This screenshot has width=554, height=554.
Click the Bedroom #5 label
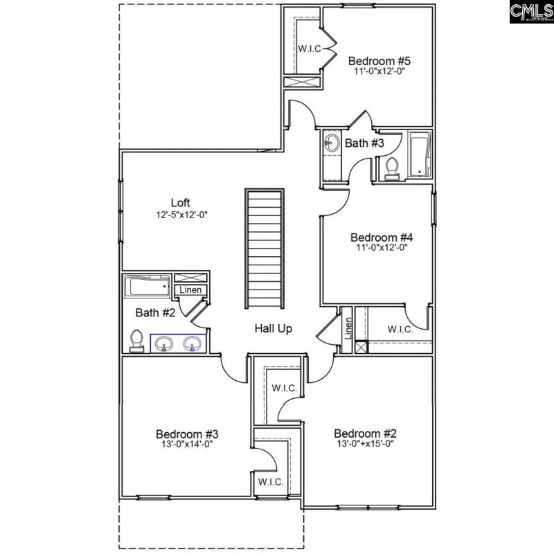[x=375, y=60]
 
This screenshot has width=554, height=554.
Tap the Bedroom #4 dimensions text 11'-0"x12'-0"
[x=377, y=247]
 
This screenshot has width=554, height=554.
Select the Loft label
[x=181, y=203]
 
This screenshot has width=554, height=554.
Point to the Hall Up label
[x=273, y=329]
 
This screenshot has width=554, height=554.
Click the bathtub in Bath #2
[x=147, y=285]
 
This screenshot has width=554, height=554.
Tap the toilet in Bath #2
[x=137, y=340]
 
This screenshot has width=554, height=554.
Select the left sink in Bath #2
[x=165, y=343]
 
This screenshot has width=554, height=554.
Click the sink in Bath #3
[x=331, y=144]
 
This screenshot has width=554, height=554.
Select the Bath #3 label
[x=364, y=143]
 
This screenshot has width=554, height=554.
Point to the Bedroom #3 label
[x=187, y=434]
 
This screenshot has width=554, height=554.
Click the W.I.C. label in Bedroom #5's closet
[x=308, y=48]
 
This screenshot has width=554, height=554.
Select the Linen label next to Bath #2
[x=191, y=289]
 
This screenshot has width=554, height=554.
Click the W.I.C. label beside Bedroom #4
[x=400, y=330]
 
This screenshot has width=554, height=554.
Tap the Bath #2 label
[x=155, y=312]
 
